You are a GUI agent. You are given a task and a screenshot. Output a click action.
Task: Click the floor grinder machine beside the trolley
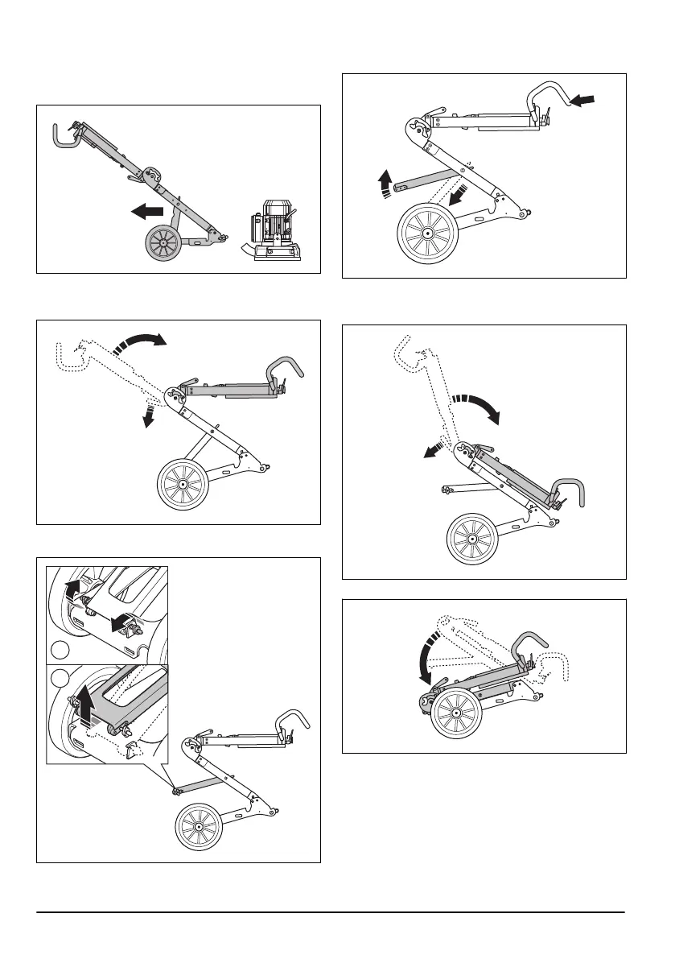273,231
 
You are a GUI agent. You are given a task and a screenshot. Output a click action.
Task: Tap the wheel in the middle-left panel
183,485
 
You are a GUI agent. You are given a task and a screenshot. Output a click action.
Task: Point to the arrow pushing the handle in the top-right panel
583,101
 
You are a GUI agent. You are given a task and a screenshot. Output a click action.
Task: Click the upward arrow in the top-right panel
386,183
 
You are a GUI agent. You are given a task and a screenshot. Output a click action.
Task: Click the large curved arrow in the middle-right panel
479,407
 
